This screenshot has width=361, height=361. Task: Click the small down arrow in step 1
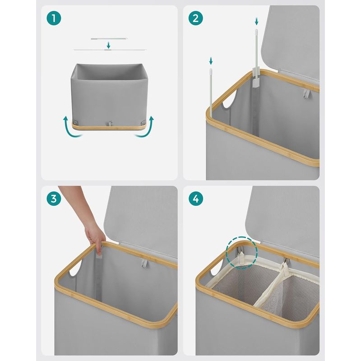[108, 45]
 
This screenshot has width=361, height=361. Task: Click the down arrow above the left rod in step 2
[211, 60]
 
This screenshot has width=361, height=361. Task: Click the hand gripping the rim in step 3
[95, 236]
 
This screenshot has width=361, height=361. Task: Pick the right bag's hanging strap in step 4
[286, 269]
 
